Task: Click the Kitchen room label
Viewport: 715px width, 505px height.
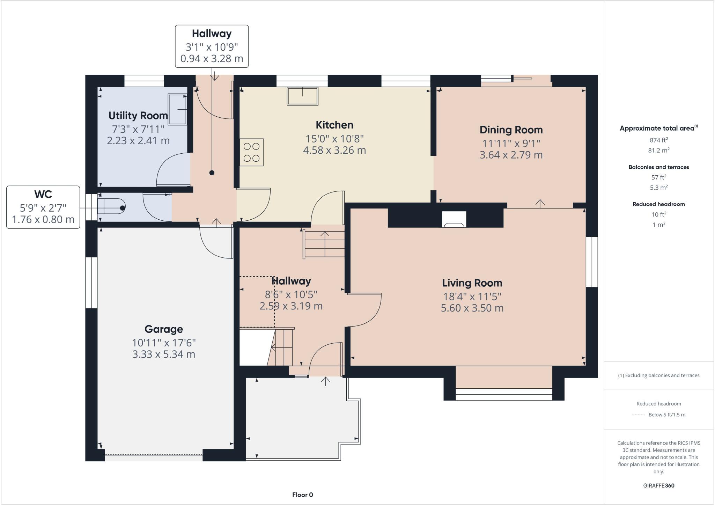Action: coord(334,125)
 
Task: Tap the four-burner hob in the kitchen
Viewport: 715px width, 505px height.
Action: coord(251,152)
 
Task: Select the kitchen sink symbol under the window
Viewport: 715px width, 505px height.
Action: coord(302,96)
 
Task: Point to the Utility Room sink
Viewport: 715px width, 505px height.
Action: coord(178,109)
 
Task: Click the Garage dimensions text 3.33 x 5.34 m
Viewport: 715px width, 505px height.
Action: coord(163,354)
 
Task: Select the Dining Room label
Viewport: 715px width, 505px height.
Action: coord(511,130)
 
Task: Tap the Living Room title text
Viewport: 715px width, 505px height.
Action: coord(472,283)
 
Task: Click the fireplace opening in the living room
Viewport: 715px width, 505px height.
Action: coord(454,220)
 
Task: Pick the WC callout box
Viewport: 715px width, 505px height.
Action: coord(43,207)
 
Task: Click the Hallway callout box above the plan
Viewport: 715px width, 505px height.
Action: coord(212,46)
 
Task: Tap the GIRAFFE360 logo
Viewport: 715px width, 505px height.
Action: coord(658,485)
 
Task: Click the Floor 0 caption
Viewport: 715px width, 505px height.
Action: coord(302,495)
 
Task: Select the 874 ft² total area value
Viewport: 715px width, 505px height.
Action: coord(658,140)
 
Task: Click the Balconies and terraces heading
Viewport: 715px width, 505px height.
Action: coord(658,167)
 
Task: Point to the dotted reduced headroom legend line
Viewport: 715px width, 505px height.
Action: coord(638,415)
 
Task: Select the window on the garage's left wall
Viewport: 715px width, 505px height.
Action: coord(91,283)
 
